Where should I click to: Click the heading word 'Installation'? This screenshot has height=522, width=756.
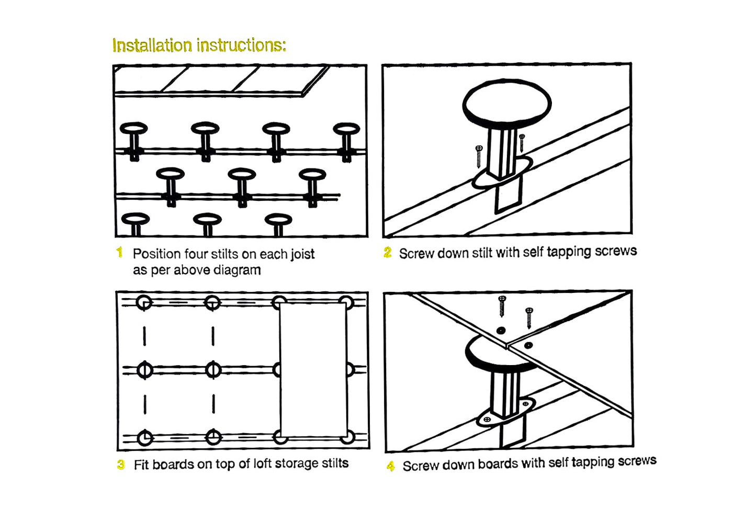(152, 46)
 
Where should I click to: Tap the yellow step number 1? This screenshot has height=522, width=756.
(119, 253)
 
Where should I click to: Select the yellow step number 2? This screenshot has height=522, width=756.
(387, 253)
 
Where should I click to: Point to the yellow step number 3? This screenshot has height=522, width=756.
(121, 464)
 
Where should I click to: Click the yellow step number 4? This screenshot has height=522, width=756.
(391, 466)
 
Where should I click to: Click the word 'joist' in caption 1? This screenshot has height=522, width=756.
(302, 254)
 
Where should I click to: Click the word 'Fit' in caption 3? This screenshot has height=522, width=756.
(141, 464)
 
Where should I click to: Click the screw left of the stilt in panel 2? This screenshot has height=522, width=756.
(479, 156)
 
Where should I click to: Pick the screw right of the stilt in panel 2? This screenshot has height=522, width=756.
(522, 142)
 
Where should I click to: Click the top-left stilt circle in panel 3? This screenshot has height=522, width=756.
(144, 303)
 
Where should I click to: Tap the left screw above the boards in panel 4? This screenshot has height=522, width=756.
(502, 306)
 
